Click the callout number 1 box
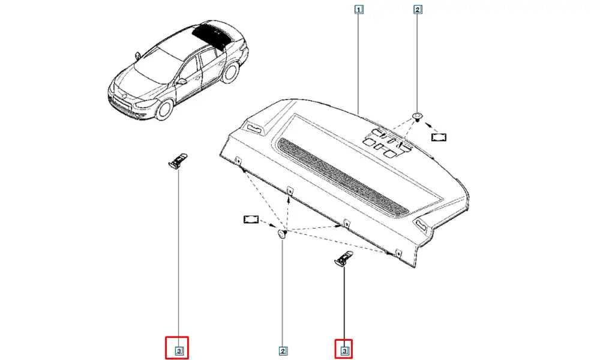click(x=359, y=9)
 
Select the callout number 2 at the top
click(x=418, y=10)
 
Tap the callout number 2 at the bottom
click(x=283, y=351)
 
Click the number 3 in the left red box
click(x=179, y=350)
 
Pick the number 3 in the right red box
click(x=344, y=350)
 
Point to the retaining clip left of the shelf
click(x=178, y=160)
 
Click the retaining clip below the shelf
click(x=344, y=258)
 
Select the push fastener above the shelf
click(x=416, y=116)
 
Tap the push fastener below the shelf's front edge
click(x=283, y=233)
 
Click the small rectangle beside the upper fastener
click(x=439, y=137)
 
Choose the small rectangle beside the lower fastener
click(x=251, y=220)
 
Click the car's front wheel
click(x=165, y=108)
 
